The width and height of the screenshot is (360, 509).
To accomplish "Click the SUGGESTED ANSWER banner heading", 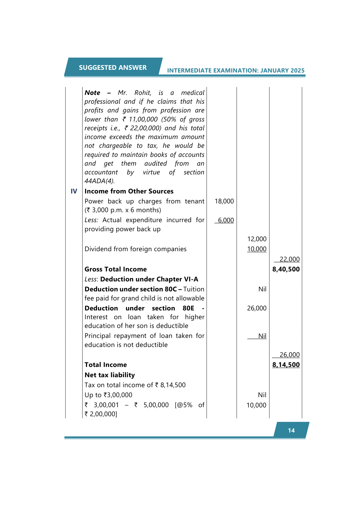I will pyautogui.click(x=113, y=67).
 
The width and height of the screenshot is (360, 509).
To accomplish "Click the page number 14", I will pyautogui.click(x=291, y=430).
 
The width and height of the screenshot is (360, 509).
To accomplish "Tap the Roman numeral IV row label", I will pyautogui.click(x=74, y=191).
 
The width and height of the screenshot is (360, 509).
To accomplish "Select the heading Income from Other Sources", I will pyautogui.click(x=129, y=191).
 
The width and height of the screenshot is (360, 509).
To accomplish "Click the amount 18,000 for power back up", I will pyautogui.click(x=224, y=201).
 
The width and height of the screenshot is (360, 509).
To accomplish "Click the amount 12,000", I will pyautogui.click(x=257, y=239).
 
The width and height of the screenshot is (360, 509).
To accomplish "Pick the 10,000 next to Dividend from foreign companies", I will pyautogui.click(x=257, y=249).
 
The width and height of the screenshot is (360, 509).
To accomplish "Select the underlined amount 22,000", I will pyautogui.click(x=289, y=259).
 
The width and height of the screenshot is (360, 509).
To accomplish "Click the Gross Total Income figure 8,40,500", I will pyautogui.click(x=286, y=269).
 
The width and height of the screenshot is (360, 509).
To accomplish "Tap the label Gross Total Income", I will pyautogui.click(x=115, y=269).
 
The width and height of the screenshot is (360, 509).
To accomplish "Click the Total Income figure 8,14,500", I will pyautogui.click(x=286, y=365).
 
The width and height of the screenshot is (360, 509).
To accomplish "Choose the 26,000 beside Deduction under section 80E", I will pyautogui.click(x=257, y=308).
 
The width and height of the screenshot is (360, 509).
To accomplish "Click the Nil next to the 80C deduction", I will pyautogui.click(x=262, y=289).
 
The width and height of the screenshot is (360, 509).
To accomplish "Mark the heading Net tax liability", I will pyautogui.click(x=109, y=375).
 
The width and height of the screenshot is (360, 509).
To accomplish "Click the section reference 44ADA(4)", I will pyautogui.click(x=99, y=181).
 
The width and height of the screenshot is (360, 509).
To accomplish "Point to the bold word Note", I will pyautogui.click(x=92, y=93).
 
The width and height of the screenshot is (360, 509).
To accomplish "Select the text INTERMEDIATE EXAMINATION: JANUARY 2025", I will pyautogui.click(x=235, y=70).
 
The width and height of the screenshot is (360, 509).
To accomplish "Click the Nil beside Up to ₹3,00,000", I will pyautogui.click(x=262, y=395).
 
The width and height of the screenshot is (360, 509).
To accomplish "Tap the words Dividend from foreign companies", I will pyautogui.click(x=135, y=249).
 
